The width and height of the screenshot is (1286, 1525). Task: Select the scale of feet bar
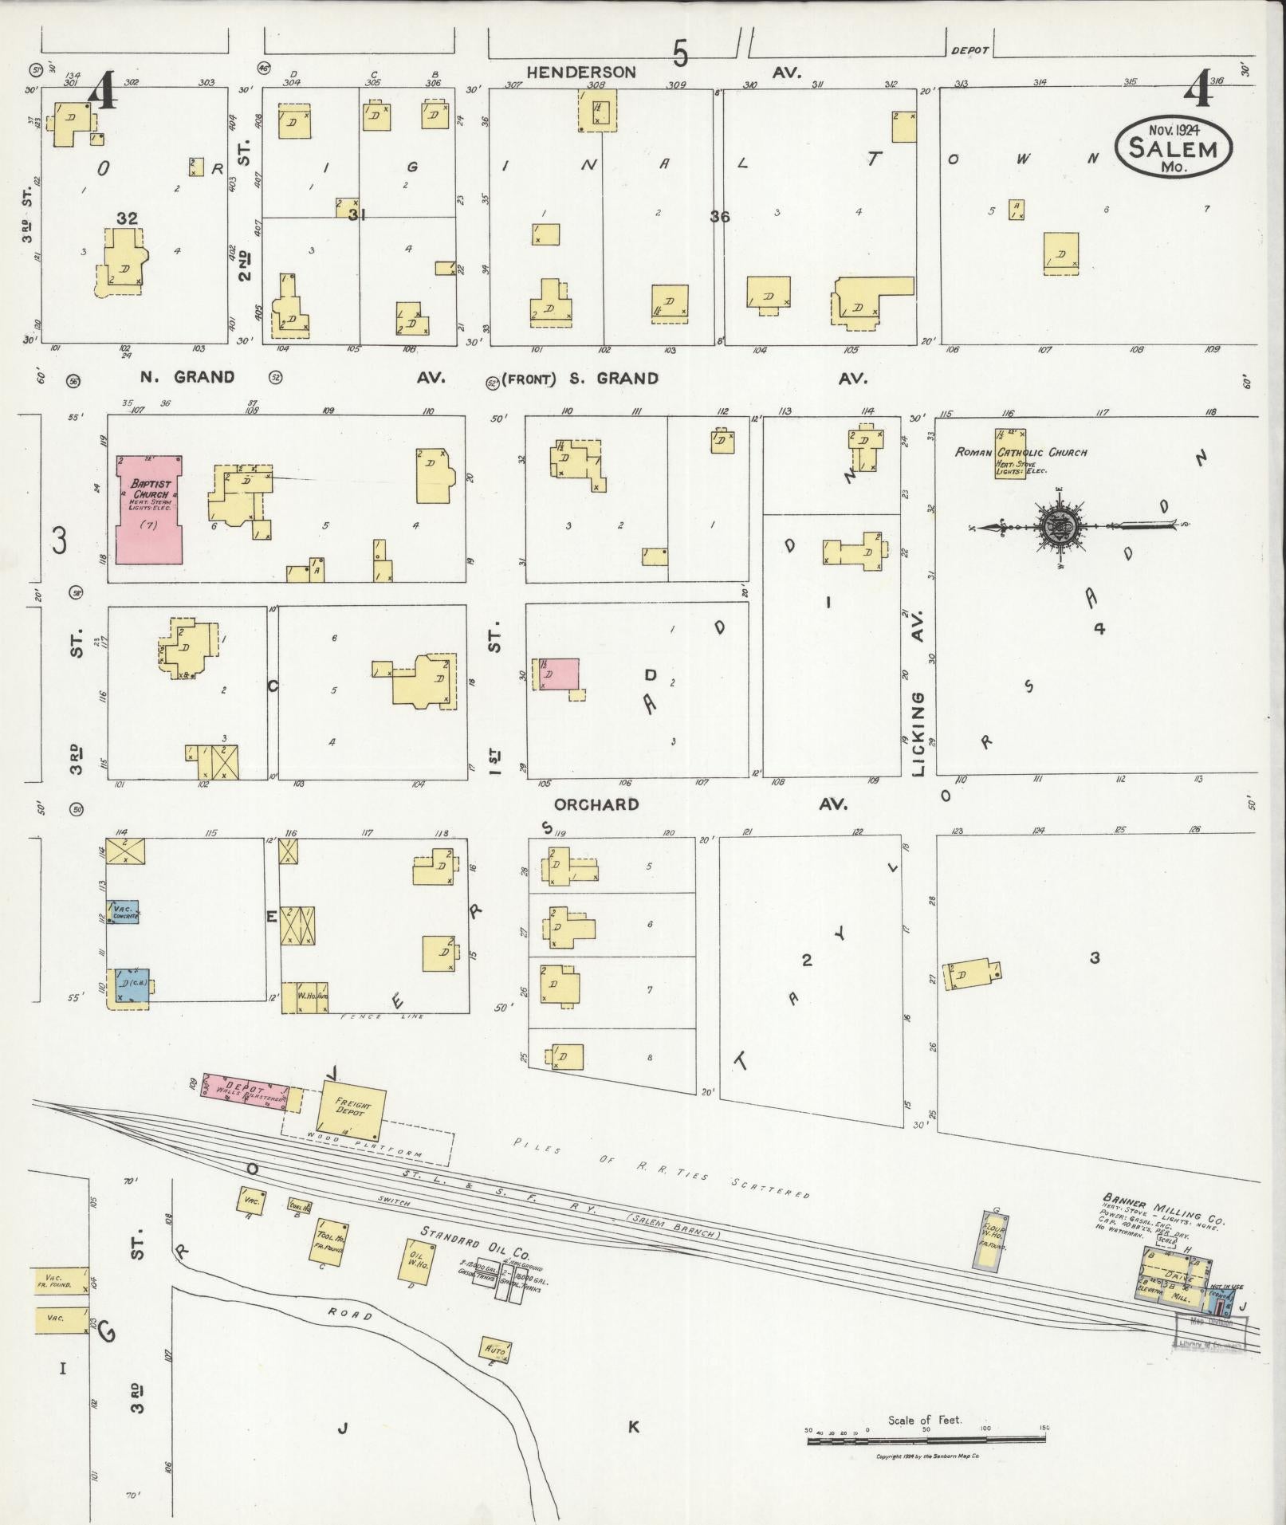925,1439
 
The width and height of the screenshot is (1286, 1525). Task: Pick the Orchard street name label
596,804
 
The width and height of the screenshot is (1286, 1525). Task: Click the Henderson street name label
580,73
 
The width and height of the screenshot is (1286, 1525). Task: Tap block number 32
127,218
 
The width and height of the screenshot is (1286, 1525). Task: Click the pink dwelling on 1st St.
560,674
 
